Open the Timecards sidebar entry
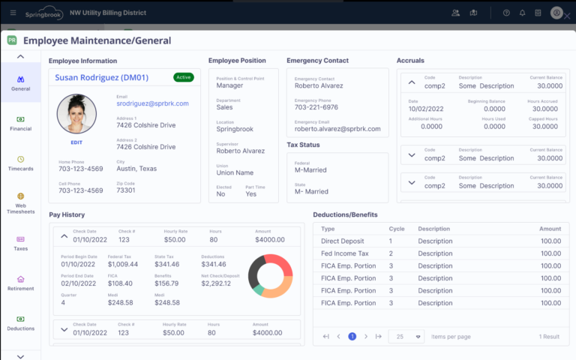[20, 163]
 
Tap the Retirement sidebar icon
[20, 282]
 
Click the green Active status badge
[183, 76]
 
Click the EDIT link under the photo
[76, 142]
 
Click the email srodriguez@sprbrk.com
[153, 103]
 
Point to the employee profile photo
[76, 115]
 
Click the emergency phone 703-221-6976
[316, 107]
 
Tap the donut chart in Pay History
[271, 275]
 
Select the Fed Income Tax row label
[343, 253]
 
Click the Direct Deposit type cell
[343, 241]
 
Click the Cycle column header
[397, 228]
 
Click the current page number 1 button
[352, 337]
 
